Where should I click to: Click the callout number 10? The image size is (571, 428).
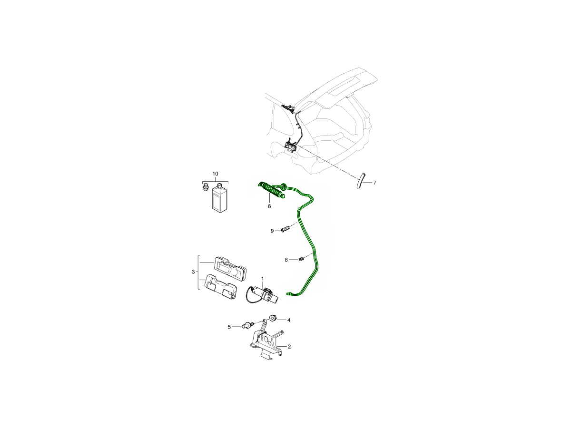pyautogui.click(x=215, y=174)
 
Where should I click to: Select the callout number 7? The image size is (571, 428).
pyautogui.click(x=374, y=183)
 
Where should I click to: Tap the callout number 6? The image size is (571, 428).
pyautogui.click(x=269, y=206)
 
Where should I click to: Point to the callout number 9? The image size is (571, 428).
pyautogui.click(x=272, y=231)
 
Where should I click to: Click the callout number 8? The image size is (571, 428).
pyautogui.click(x=286, y=260)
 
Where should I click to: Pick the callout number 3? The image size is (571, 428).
pyautogui.click(x=193, y=272)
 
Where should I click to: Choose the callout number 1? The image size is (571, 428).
pyautogui.click(x=263, y=279)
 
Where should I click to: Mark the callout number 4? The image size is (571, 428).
pyautogui.click(x=288, y=320)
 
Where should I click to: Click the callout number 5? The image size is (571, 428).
pyautogui.click(x=229, y=327)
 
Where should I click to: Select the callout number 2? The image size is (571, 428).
pyautogui.click(x=289, y=346)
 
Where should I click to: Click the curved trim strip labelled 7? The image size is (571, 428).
pyautogui.click(x=361, y=180)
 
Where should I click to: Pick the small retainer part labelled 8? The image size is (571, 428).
pyautogui.click(x=301, y=259)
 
